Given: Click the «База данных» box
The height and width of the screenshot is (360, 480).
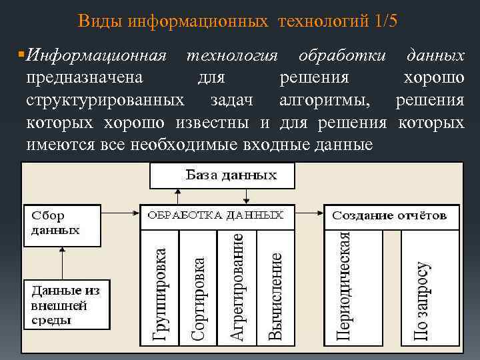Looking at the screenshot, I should coord(221,176).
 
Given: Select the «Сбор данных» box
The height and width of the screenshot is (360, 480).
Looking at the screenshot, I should coord(61,224).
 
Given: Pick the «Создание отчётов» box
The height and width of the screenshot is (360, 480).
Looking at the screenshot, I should coord(391,216).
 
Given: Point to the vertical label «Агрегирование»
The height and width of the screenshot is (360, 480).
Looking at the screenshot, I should coord(237,286).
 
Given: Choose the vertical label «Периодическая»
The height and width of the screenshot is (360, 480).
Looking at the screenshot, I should coord(343,285).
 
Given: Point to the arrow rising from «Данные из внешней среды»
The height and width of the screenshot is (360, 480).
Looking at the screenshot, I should coord(61,263).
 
